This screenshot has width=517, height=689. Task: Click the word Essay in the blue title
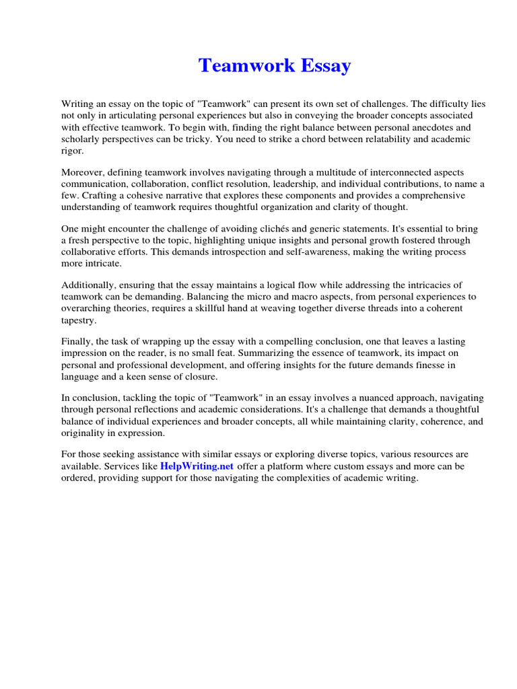click(321, 66)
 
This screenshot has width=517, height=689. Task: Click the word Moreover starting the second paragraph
click(83, 172)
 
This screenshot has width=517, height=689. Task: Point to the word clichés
click(237, 229)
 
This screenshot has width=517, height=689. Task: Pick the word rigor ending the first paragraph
click(72, 150)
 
